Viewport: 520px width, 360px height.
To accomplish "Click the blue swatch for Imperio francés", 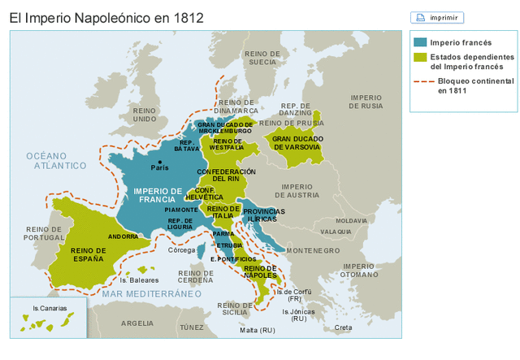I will [419, 42].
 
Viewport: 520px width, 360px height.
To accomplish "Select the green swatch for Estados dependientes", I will [419, 58].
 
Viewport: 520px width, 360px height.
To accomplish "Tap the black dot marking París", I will [160, 162].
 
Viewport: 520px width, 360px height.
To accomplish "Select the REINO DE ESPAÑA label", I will [89, 254].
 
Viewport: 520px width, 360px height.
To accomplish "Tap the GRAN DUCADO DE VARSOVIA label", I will [297, 142].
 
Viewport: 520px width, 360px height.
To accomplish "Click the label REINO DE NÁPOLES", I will [260, 271].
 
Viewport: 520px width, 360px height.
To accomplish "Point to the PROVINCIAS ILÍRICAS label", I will [264, 215].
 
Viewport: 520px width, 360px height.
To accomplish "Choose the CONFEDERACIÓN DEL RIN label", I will [226, 175].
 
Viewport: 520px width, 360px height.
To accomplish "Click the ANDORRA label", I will [123, 236].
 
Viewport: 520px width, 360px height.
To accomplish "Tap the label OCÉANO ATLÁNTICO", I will [55, 160].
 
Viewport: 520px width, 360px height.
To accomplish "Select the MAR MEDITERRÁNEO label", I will [152, 293].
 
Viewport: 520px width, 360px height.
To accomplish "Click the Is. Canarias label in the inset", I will [50, 308].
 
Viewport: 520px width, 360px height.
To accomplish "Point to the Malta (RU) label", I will [258, 330].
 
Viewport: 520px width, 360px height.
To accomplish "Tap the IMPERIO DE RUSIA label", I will [366, 102].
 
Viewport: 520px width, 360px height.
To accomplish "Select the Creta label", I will [344, 327].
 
